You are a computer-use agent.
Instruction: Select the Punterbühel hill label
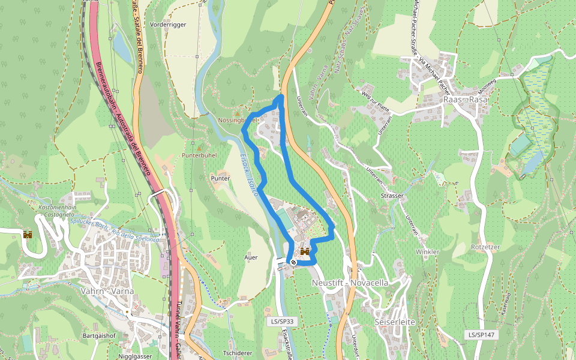(200, 155)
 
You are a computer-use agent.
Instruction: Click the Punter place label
(220, 178)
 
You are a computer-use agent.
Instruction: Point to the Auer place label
(251, 257)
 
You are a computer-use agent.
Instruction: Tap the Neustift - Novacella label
(350, 282)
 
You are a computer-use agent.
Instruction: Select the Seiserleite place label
(394, 322)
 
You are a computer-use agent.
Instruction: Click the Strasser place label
(392, 196)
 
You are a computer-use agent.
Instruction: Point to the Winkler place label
(428, 251)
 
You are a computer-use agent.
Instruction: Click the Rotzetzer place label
(485, 247)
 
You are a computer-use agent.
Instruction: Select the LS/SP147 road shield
(481, 334)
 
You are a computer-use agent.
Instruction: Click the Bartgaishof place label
(99, 335)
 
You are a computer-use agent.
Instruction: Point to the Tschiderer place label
(237, 353)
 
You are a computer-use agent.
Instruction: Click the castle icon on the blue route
(305, 251)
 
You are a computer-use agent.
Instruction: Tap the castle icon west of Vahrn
(27, 235)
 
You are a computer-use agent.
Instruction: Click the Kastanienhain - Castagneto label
(55, 210)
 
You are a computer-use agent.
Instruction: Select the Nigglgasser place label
(136, 356)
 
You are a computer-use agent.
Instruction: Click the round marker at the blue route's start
(293, 262)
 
